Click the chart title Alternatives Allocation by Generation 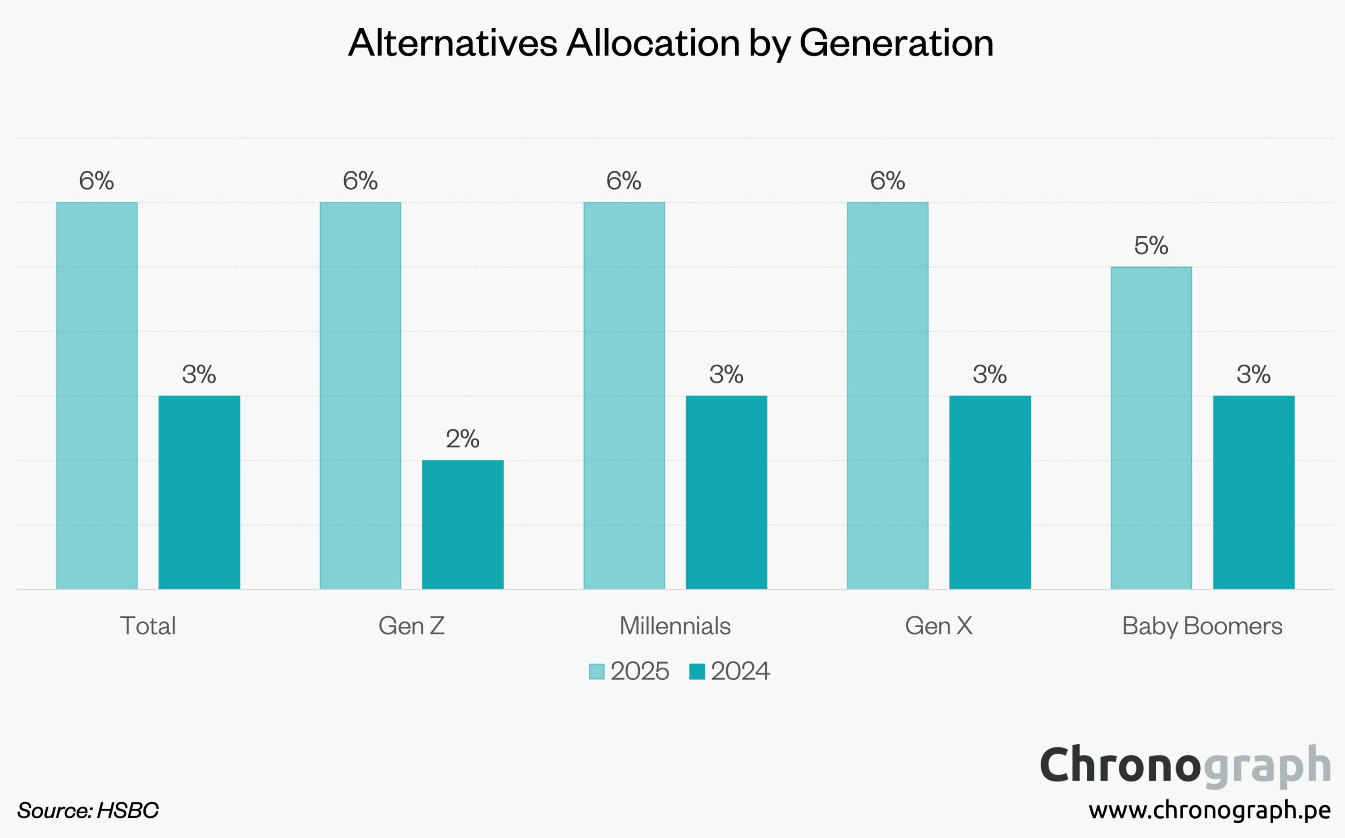(671, 43)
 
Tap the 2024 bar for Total (199, 492)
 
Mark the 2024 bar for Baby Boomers (1254, 492)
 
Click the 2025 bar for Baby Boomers (1151, 428)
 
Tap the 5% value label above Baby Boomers (1151, 246)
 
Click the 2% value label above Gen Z (463, 439)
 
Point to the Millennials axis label (675, 626)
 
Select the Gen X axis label (939, 626)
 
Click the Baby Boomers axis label (1202, 626)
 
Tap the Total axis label (148, 626)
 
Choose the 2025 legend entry (629, 671)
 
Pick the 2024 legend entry (729, 671)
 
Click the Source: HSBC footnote (87, 810)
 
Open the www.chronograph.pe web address (1209, 810)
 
